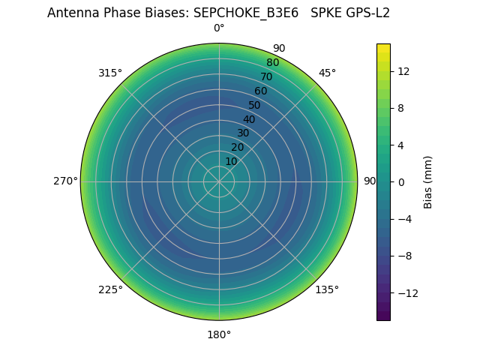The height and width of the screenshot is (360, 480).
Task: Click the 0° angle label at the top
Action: pos(219,28)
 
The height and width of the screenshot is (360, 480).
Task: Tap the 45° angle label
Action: pos(327,73)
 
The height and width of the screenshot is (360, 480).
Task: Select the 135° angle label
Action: pos(327,289)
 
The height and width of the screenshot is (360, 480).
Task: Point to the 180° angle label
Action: pos(219,334)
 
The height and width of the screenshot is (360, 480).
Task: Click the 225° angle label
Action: pos(110,289)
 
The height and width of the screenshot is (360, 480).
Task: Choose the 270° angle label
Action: pos(65,181)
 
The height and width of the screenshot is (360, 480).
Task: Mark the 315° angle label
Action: pos(110,73)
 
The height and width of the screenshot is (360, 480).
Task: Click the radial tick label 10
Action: pos(231,161)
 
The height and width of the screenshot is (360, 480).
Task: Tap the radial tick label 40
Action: pos(249,119)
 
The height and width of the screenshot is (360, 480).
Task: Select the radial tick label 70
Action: pos(266,76)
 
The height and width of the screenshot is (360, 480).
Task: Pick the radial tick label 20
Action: pos(237,147)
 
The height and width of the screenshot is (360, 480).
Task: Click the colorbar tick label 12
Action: pos(403,71)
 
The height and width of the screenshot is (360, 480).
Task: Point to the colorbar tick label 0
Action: pos(401,181)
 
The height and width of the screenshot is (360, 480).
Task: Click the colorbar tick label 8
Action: pos(401,108)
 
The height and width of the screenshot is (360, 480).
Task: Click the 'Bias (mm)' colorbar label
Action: pos(428,181)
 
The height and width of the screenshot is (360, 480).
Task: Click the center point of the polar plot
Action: pos(219,181)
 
